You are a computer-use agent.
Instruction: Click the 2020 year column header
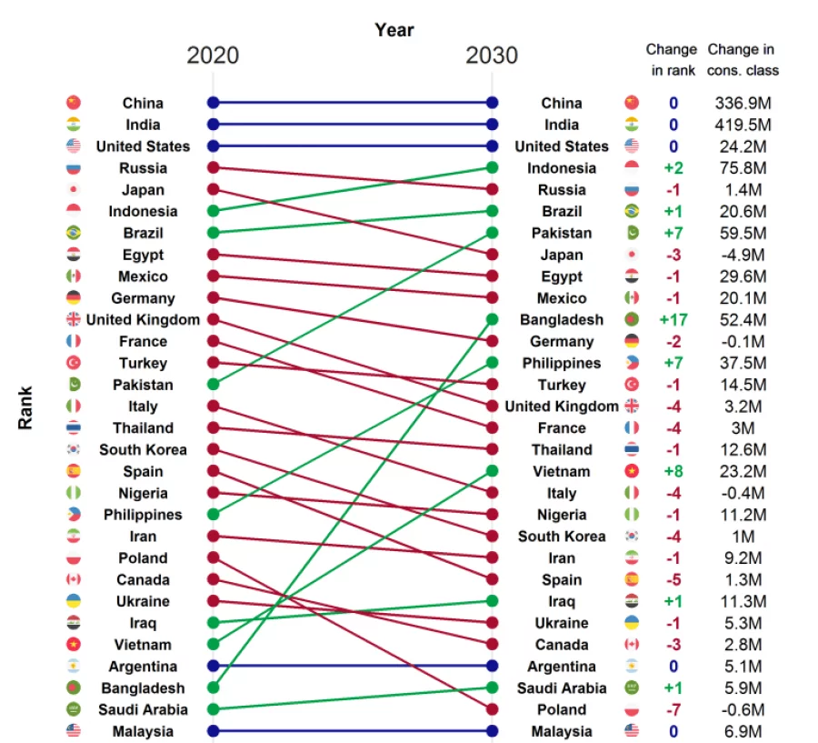pos(213,55)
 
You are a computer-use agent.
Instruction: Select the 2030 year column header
pos(492,55)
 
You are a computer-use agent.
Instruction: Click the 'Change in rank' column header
pos(672,59)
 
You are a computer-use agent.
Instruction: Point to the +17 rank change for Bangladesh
pos(673,320)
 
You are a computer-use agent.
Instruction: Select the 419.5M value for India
pos(743,125)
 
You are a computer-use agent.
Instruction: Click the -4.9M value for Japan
pos(743,255)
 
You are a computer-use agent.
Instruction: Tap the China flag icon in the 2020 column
pos(74,103)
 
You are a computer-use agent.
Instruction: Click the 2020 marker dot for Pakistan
pos(213,385)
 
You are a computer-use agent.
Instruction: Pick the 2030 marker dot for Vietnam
pos(492,471)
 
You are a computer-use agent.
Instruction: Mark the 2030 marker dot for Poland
pos(492,709)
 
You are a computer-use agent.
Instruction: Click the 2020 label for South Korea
pos(143,449)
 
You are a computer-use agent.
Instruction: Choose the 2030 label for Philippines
pos(562,363)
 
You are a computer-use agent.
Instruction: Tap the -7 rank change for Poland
pos(673,709)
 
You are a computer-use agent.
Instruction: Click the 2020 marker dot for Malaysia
pos(213,731)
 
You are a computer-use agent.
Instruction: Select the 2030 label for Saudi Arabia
pos(562,688)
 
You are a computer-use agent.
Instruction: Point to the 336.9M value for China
pos(743,103)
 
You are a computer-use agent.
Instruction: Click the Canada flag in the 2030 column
pos(633,645)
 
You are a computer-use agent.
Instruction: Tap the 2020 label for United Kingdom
pos(143,319)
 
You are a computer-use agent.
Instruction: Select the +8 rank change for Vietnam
pos(673,471)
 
